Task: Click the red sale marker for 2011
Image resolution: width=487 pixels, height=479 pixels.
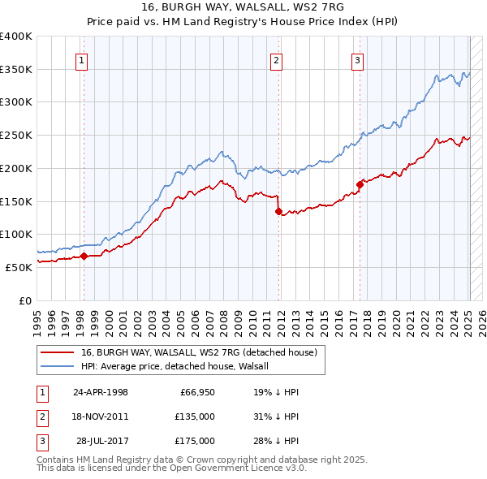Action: point(278,212)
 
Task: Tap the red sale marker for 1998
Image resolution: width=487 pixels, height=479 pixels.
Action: point(84,257)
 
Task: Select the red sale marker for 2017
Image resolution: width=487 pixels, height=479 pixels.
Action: point(360,185)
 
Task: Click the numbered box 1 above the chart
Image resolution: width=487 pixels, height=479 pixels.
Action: point(83,59)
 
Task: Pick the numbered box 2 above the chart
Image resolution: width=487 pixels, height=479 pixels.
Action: point(277,59)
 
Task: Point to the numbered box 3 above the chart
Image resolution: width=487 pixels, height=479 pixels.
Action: point(358,59)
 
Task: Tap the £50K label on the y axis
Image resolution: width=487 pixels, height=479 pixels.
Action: point(19,266)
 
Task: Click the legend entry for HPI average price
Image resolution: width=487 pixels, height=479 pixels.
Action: point(180,366)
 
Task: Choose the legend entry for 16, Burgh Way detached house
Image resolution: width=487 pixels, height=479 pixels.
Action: point(203,352)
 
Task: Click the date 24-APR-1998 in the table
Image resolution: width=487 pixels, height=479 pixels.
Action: point(101,392)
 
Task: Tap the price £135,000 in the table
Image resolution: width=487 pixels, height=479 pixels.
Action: point(196,416)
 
